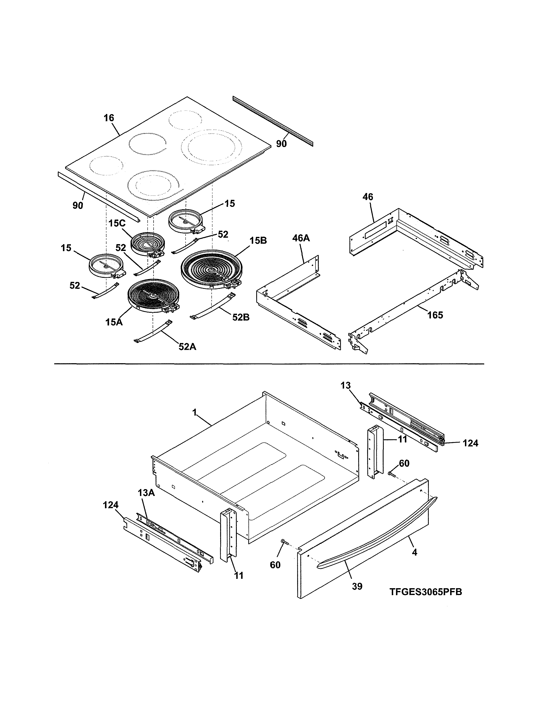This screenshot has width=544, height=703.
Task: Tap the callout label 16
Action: point(109,118)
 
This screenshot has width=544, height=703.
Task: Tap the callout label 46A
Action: point(301,238)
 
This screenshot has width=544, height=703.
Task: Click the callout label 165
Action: point(435,315)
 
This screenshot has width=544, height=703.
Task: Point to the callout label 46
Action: point(368,197)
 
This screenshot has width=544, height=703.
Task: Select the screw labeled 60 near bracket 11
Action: point(391,474)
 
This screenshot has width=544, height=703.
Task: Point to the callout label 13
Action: point(345,385)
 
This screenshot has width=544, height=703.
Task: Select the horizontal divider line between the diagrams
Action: point(269,364)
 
